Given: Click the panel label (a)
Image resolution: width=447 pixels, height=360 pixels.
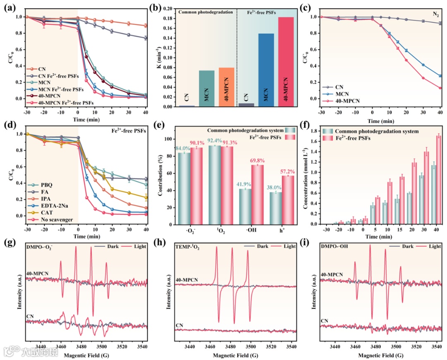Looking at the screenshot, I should [x=9, y=7].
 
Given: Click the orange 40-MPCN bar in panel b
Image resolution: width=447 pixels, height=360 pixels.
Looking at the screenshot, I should [x=226, y=87].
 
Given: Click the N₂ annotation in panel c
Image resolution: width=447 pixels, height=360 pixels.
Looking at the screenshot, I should [x=436, y=14].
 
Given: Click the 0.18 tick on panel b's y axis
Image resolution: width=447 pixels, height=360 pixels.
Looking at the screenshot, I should [x=168, y=19].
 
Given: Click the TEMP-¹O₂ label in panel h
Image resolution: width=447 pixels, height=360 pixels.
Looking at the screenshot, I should [x=188, y=247].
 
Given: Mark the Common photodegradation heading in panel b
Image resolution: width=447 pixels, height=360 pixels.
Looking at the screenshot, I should [x=206, y=13].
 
